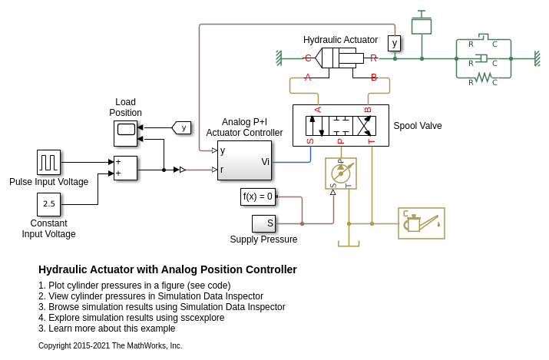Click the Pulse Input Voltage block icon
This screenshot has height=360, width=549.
[48, 162]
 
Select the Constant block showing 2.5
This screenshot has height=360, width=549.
[48, 204]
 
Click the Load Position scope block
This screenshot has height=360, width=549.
[125, 133]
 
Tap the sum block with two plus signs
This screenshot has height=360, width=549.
[125, 168]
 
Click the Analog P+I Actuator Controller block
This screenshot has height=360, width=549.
[244, 160]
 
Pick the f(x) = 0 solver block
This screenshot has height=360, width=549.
[257, 197]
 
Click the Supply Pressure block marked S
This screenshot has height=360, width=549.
[263, 223]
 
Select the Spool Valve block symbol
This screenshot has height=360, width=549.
[340, 125]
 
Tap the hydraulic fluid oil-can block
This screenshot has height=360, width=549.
[421, 223]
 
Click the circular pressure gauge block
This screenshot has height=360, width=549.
[340, 173]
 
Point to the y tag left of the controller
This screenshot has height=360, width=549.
[182, 127]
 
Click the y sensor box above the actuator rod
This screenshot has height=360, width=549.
[394, 43]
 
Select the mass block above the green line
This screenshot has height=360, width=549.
[421, 26]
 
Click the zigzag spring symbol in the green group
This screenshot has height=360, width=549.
[483, 77]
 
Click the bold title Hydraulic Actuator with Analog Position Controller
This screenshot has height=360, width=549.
[167, 269]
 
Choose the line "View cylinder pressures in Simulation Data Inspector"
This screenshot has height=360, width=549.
[150, 296]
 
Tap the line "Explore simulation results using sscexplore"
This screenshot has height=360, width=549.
[131, 318]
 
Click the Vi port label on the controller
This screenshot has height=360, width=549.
[265, 161]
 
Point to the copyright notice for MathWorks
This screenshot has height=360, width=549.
[111, 346]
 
